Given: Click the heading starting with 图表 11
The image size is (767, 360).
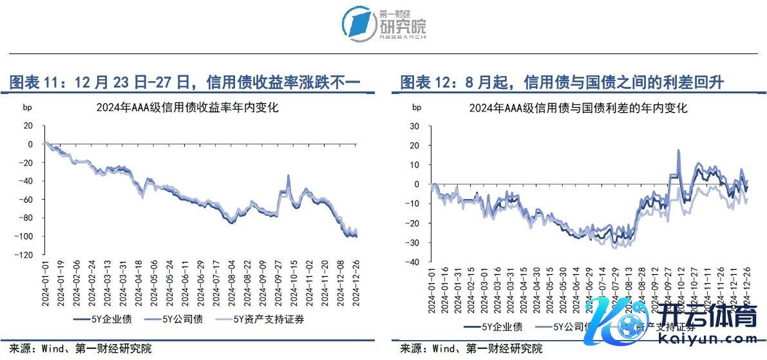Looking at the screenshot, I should point(184,82).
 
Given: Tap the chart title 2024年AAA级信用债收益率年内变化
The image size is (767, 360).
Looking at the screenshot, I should point(186,108).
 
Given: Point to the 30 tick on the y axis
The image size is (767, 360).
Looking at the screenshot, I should point(415,126).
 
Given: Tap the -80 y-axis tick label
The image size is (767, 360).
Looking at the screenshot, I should point(26,218).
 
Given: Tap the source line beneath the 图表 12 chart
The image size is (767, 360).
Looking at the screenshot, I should point(471,349).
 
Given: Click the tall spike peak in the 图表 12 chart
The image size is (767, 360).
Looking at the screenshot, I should point(679,151).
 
